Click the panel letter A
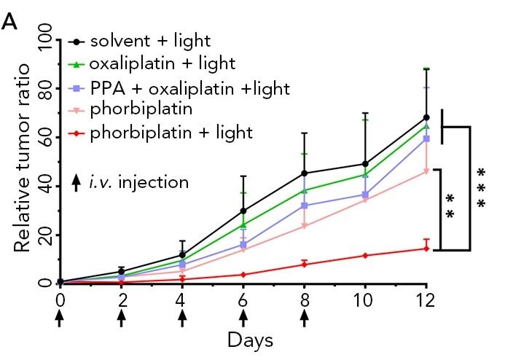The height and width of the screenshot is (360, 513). coord(9,22)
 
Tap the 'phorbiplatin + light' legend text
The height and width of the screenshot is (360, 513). coord(172,132)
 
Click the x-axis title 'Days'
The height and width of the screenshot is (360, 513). coord(244,339)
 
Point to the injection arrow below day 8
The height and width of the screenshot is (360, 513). coord(305,319)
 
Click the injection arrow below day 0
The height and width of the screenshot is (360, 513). coord(60,319)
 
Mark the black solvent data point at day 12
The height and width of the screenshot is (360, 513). coord(426,117)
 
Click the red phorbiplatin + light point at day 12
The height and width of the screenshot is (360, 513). coord(426,249)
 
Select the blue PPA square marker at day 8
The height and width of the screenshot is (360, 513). coord(305,206)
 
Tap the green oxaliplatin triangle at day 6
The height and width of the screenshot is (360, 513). coord(243,224)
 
